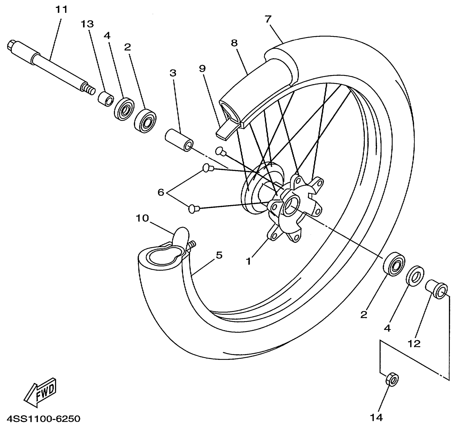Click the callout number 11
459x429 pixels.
click(x=61, y=10)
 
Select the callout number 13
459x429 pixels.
click(x=87, y=24)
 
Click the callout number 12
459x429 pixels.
click(x=414, y=344)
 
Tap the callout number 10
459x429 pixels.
click(x=142, y=218)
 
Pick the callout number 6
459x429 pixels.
click(x=161, y=192)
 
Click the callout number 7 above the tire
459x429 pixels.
click(x=268, y=19)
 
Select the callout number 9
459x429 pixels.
click(x=202, y=69)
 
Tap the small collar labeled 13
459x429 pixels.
click(x=106, y=99)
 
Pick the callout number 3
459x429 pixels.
click(x=173, y=73)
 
